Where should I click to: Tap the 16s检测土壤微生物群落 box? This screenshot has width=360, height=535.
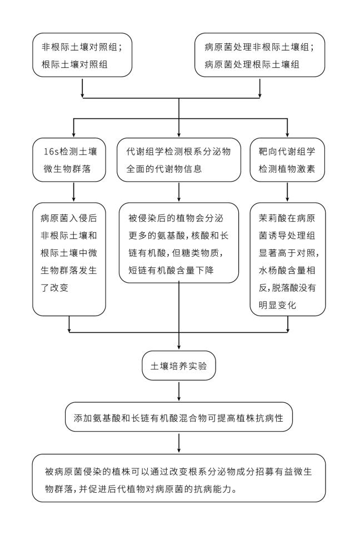[x=69, y=161]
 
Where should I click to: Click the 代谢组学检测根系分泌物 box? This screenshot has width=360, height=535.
[x=178, y=161]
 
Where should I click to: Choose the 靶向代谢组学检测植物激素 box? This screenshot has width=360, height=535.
[x=287, y=161]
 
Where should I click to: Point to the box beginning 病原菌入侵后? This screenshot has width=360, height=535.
[x=69, y=258]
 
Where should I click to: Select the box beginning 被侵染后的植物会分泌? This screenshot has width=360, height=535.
[x=178, y=243]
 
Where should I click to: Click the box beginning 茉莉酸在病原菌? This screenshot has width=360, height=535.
[x=287, y=258]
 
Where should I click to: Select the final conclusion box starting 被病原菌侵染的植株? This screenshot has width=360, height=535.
[x=178, y=478]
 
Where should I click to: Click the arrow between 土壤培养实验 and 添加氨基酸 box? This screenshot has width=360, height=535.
[x=178, y=391]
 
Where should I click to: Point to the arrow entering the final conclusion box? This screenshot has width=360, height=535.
[x=178, y=443]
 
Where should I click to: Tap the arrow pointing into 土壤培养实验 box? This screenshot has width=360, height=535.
[x=178, y=342]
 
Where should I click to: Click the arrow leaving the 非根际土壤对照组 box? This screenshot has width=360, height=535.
[x=82, y=87]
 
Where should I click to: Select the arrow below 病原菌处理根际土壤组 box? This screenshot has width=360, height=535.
[x=260, y=87]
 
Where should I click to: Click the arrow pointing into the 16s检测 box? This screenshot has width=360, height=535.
[x=73, y=129]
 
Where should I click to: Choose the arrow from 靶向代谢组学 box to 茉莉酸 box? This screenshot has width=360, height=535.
[x=287, y=192]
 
